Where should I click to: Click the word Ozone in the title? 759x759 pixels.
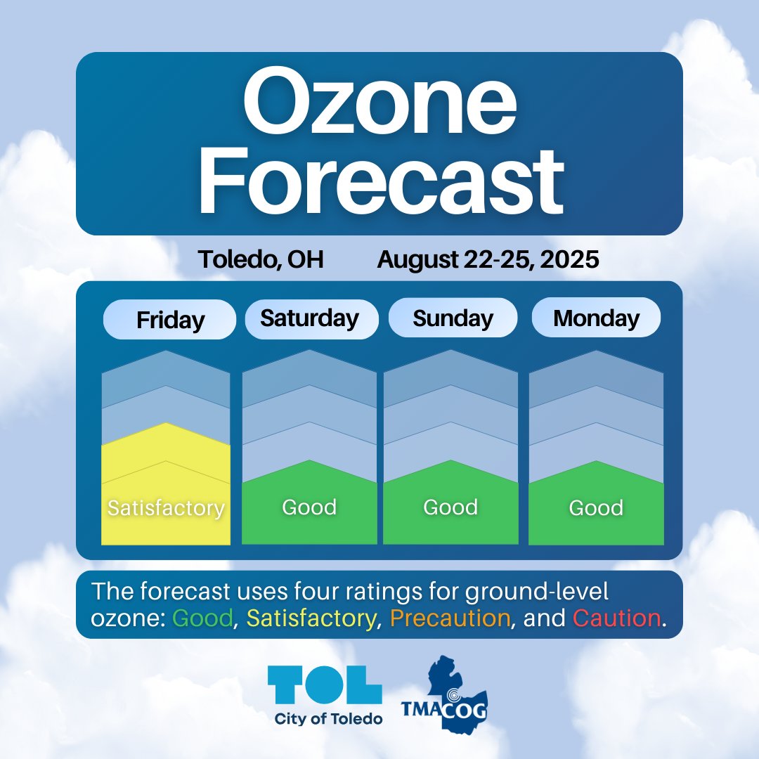[x=379, y=105]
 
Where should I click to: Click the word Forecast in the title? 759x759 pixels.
[x=379, y=179]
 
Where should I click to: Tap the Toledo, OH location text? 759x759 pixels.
[x=261, y=260]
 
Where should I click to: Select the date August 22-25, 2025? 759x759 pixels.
[x=488, y=260]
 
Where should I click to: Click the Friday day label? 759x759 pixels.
[x=170, y=320]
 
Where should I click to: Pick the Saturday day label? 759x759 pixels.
[x=309, y=318]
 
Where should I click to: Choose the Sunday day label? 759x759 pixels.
[x=453, y=318]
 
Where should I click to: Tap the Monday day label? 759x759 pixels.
[x=596, y=318]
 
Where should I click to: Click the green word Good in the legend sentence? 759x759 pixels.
[x=202, y=618]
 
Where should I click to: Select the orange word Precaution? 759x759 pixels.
[x=450, y=618]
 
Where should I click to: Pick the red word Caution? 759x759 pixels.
[x=616, y=618]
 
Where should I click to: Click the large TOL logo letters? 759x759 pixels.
[x=325, y=685]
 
